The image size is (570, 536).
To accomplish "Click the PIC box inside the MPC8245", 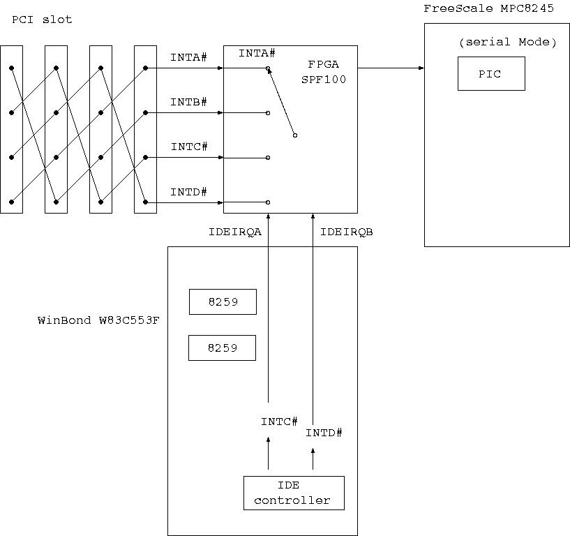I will click(490, 74).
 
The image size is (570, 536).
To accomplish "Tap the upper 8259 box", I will click(223, 302).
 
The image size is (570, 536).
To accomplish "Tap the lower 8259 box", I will click(222, 348).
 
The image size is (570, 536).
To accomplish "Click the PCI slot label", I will click(42, 20).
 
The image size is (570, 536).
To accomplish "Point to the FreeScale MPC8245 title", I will click(496, 8).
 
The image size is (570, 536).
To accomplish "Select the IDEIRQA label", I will click(235, 232).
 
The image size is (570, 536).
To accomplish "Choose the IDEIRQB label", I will click(347, 232).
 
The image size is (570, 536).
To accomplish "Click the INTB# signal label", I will click(188, 102).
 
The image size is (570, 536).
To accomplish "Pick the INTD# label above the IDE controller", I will click(324, 433).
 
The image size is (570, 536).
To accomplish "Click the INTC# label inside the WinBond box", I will click(279, 422).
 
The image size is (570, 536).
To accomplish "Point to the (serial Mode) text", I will click(507, 43).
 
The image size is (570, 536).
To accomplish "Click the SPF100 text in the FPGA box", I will click(324, 80).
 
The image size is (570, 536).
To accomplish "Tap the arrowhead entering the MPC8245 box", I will click(421, 68).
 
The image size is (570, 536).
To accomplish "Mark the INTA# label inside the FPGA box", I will click(257, 53).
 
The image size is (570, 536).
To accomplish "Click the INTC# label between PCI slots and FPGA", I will click(188, 147).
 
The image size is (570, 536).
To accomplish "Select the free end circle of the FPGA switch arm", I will click(295, 135).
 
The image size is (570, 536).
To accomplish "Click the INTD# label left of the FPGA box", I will click(188, 192).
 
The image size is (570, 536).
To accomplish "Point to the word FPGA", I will click(323, 64).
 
